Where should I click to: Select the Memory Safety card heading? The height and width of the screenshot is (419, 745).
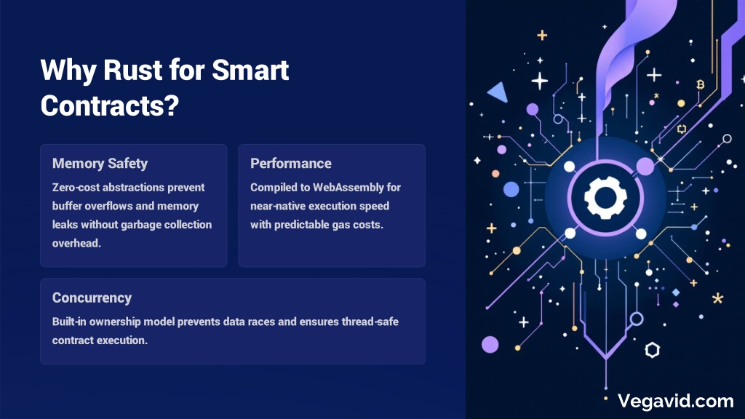(x=100, y=164)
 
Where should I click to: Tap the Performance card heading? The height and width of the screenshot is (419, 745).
(x=291, y=164)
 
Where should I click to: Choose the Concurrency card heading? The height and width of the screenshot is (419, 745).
(x=92, y=298)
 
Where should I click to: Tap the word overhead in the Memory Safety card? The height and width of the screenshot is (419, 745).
(x=76, y=243)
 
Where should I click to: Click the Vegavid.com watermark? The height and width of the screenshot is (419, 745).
(x=676, y=402)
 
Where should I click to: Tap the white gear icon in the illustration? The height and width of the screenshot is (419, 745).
(x=605, y=197)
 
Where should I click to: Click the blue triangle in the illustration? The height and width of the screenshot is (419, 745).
(x=498, y=92)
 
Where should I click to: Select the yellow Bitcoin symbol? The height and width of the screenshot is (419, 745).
(x=700, y=84)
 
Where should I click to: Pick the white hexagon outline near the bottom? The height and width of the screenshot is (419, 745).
(x=653, y=350)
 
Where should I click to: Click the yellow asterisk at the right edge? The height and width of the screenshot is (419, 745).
(x=717, y=298)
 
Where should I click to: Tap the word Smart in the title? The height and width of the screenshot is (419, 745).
(x=250, y=70)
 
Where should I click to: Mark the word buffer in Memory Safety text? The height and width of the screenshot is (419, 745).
(x=67, y=206)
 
